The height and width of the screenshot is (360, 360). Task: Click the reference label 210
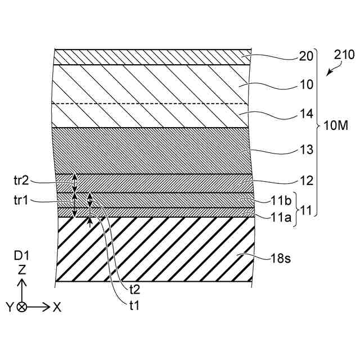pyautogui.click(x=344, y=55)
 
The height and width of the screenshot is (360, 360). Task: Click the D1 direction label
pyautogui.click(x=21, y=256)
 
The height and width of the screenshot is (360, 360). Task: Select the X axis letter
pyautogui.click(x=57, y=307)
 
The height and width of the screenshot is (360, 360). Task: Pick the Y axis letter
pyautogui.click(x=10, y=307)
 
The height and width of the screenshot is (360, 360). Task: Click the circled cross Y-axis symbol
pyautogui.click(x=22, y=307)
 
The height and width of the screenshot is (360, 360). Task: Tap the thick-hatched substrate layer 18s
pyautogui.click(x=152, y=250)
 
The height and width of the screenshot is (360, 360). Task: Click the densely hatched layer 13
pyautogui.click(x=152, y=151)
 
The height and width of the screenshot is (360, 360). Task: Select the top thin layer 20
pyautogui.click(x=152, y=57)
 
